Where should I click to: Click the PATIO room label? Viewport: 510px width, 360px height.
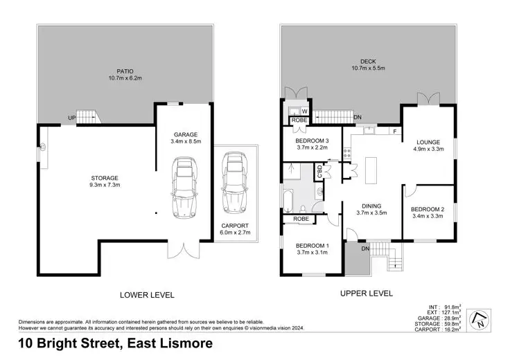coord(125,70)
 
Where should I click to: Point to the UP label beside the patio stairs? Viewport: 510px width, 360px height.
coord(71,118)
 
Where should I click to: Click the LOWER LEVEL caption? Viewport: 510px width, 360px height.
coord(147,295)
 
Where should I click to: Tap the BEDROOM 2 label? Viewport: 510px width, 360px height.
coord(427,209)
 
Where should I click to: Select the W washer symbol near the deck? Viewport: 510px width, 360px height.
coord(304,111)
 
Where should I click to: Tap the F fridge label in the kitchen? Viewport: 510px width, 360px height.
coord(394,130)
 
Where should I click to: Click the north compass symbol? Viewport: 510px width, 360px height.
coord(478,320)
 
